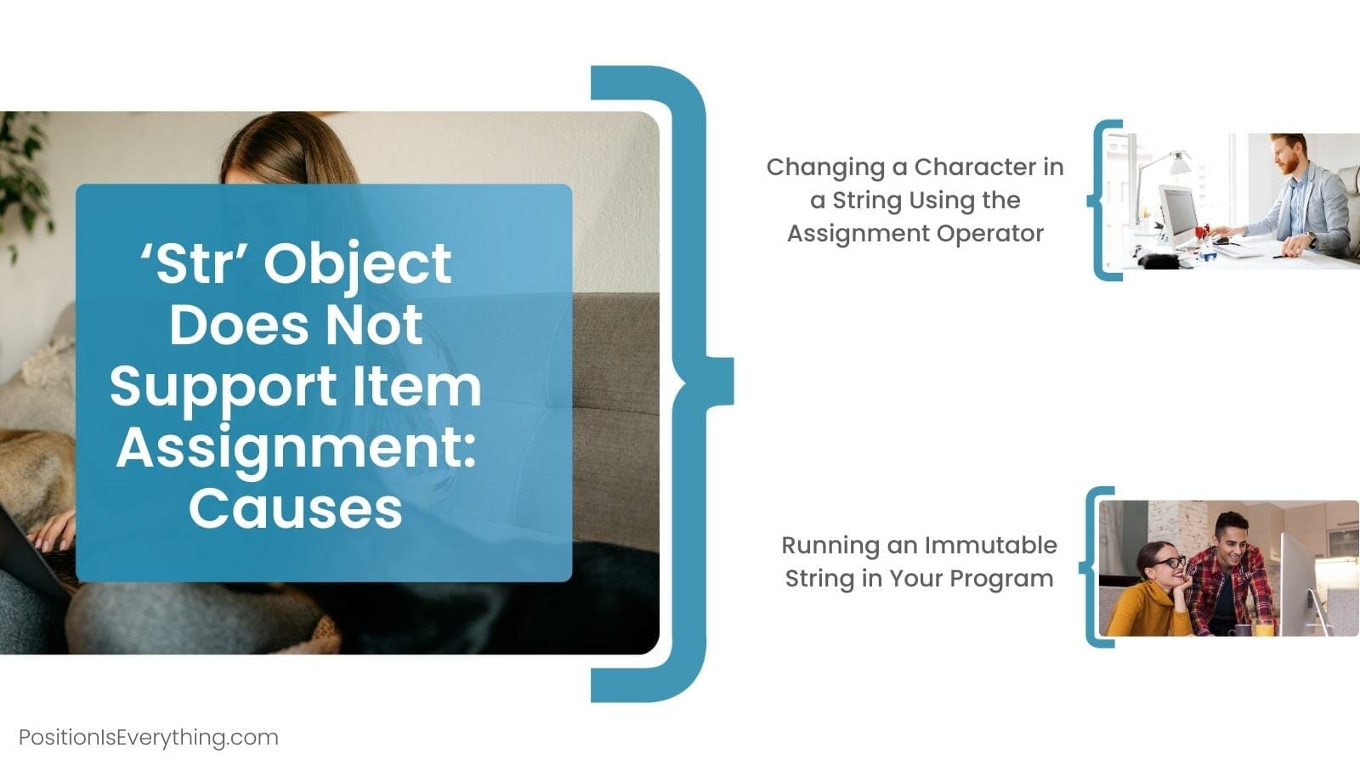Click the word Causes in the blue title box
tap(295, 508)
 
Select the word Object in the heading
tap(357, 263)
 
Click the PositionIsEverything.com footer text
tap(149, 737)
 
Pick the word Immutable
tap(990, 545)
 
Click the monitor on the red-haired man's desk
tap(1179, 213)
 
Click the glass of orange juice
tap(1264, 628)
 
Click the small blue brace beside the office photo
tap(1102, 201)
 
